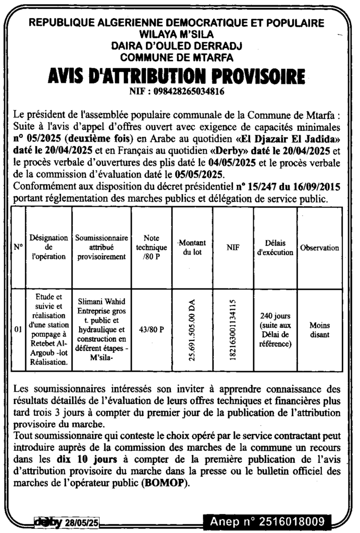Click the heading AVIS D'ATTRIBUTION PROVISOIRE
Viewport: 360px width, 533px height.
176,77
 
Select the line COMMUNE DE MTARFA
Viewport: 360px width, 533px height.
176,57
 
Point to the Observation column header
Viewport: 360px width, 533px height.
319,248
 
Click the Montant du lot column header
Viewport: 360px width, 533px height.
192,248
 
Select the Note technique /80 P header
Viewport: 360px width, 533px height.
151,248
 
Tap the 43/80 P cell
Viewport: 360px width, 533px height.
151,329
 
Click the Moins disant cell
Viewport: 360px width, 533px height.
319,329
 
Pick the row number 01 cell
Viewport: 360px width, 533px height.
18,329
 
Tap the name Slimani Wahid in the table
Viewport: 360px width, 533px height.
101,301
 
